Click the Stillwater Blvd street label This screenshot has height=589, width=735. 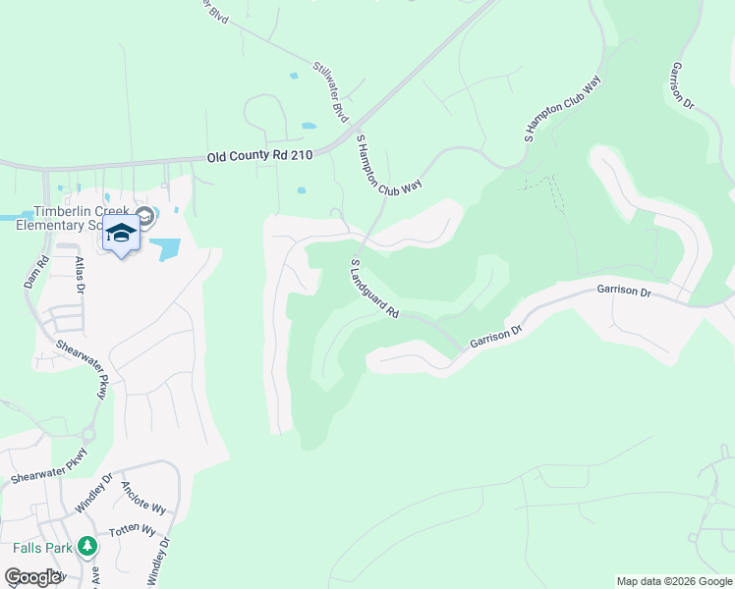click(331, 92)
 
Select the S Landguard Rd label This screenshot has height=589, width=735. click(374, 289)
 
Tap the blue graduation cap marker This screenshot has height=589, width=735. click(122, 235)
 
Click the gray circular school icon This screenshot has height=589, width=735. click(144, 216)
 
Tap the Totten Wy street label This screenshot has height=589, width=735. click(134, 537)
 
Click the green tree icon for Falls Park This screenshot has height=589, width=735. click(87, 546)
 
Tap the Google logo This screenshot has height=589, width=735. click(32, 577)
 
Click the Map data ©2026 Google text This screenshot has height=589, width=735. click(673, 581)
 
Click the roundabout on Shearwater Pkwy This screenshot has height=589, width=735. click(87, 434)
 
